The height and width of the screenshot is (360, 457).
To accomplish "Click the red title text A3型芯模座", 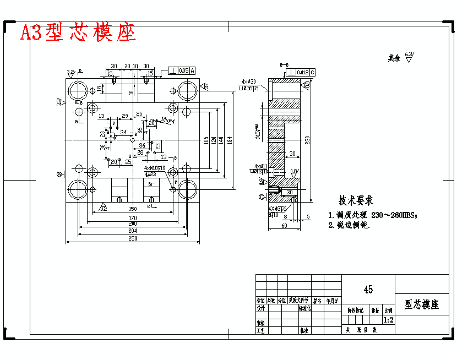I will click(78, 34).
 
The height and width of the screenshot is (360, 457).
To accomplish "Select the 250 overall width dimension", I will click(132, 238).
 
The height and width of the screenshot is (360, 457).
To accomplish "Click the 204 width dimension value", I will click(132, 231).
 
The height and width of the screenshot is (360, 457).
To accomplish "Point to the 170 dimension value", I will click(132, 218).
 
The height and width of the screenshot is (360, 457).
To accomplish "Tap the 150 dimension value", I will click(132, 209).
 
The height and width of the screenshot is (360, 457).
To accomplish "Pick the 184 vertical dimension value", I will click(230, 140).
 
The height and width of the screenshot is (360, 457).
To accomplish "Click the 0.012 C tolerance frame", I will click(305, 72).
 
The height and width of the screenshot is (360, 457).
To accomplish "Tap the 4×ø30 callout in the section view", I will click(248, 81).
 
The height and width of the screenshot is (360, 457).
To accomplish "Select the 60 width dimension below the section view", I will click(284, 226).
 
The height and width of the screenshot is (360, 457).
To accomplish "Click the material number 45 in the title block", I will click(368, 290).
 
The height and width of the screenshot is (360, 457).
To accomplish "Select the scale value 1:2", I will click(388, 320).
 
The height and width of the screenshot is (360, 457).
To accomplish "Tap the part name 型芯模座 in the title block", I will click(422, 304).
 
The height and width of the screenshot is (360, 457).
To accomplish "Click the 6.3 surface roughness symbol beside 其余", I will click(409, 56).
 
